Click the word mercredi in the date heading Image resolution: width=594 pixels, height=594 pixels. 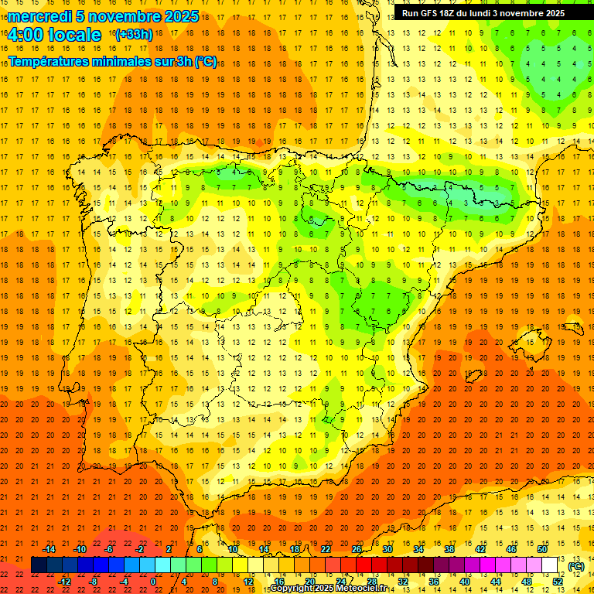39,16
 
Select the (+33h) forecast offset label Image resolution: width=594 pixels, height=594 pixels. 134,35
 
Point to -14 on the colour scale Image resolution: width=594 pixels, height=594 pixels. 49,549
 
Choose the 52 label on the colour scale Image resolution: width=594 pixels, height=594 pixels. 558,582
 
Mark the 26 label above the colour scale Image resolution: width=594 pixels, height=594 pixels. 357,549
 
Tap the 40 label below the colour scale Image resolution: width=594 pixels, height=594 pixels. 465,582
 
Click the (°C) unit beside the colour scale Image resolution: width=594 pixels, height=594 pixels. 576,565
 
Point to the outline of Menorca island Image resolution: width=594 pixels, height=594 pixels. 572,327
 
